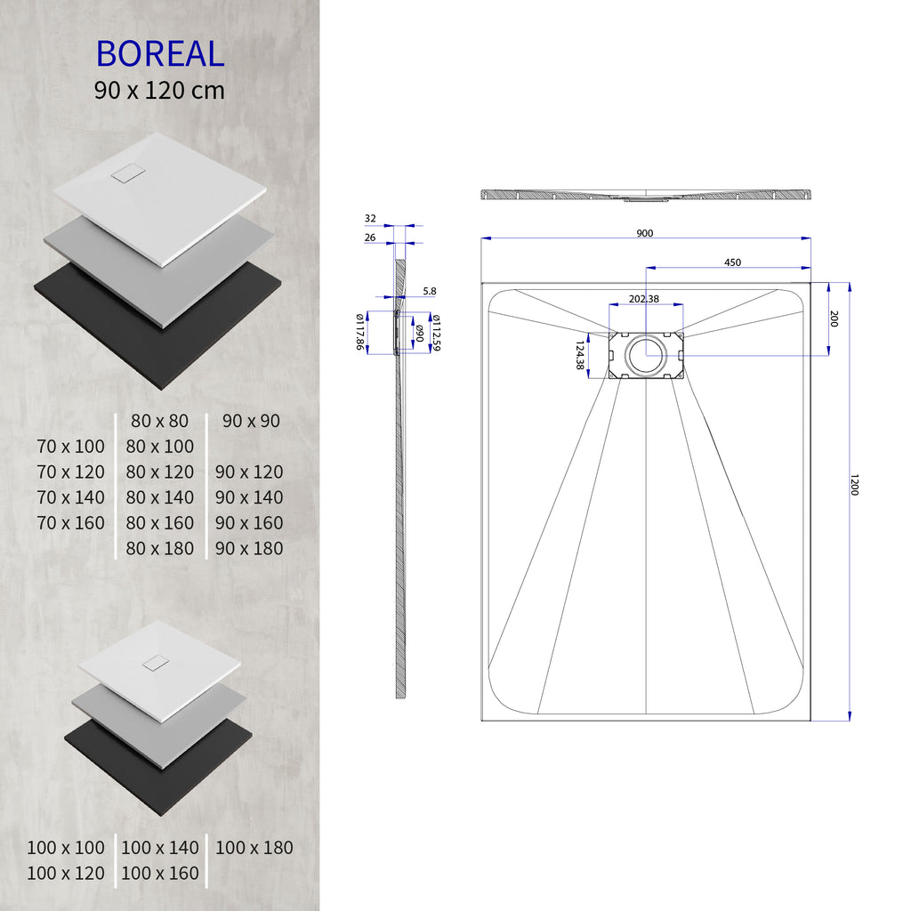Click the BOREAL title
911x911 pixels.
[x=160, y=54]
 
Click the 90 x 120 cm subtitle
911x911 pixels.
[x=160, y=90]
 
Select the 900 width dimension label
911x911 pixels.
[x=645, y=233]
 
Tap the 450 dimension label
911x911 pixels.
[x=732, y=262]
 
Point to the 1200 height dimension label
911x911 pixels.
[x=854, y=485]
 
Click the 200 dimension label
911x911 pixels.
[x=834, y=318]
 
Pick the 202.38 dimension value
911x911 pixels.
[x=644, y=299]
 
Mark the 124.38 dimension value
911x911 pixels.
[x=580, y=355]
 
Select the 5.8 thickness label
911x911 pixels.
[x=430, y=291]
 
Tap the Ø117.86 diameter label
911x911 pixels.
[x=361, y=330]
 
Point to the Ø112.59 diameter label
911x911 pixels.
[x=436, y=331]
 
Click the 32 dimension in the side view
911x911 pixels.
[x=370, y=218]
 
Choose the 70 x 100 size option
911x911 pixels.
[x=71, y=446]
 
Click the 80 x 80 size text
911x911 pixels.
[x=160, y=420]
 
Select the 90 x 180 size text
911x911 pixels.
[x=249, y=548]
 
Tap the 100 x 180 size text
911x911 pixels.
[x=254, y=848]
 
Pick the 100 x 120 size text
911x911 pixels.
[x=66, y=874]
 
